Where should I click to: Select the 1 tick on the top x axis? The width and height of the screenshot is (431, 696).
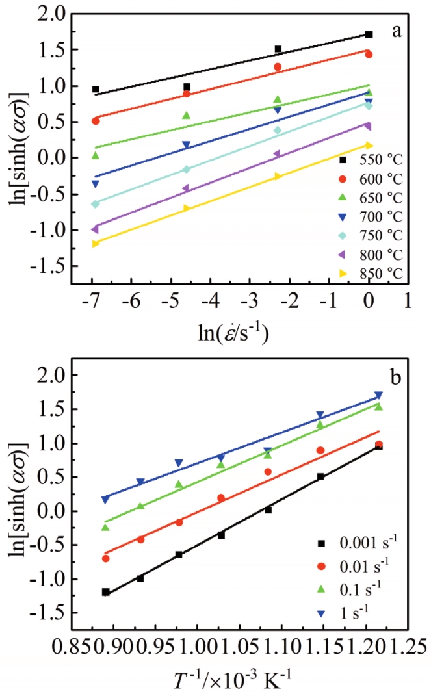point(408,303)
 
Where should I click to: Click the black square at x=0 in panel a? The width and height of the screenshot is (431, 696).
point(369,34)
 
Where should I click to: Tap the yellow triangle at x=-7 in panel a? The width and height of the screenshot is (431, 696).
point(96,243)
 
